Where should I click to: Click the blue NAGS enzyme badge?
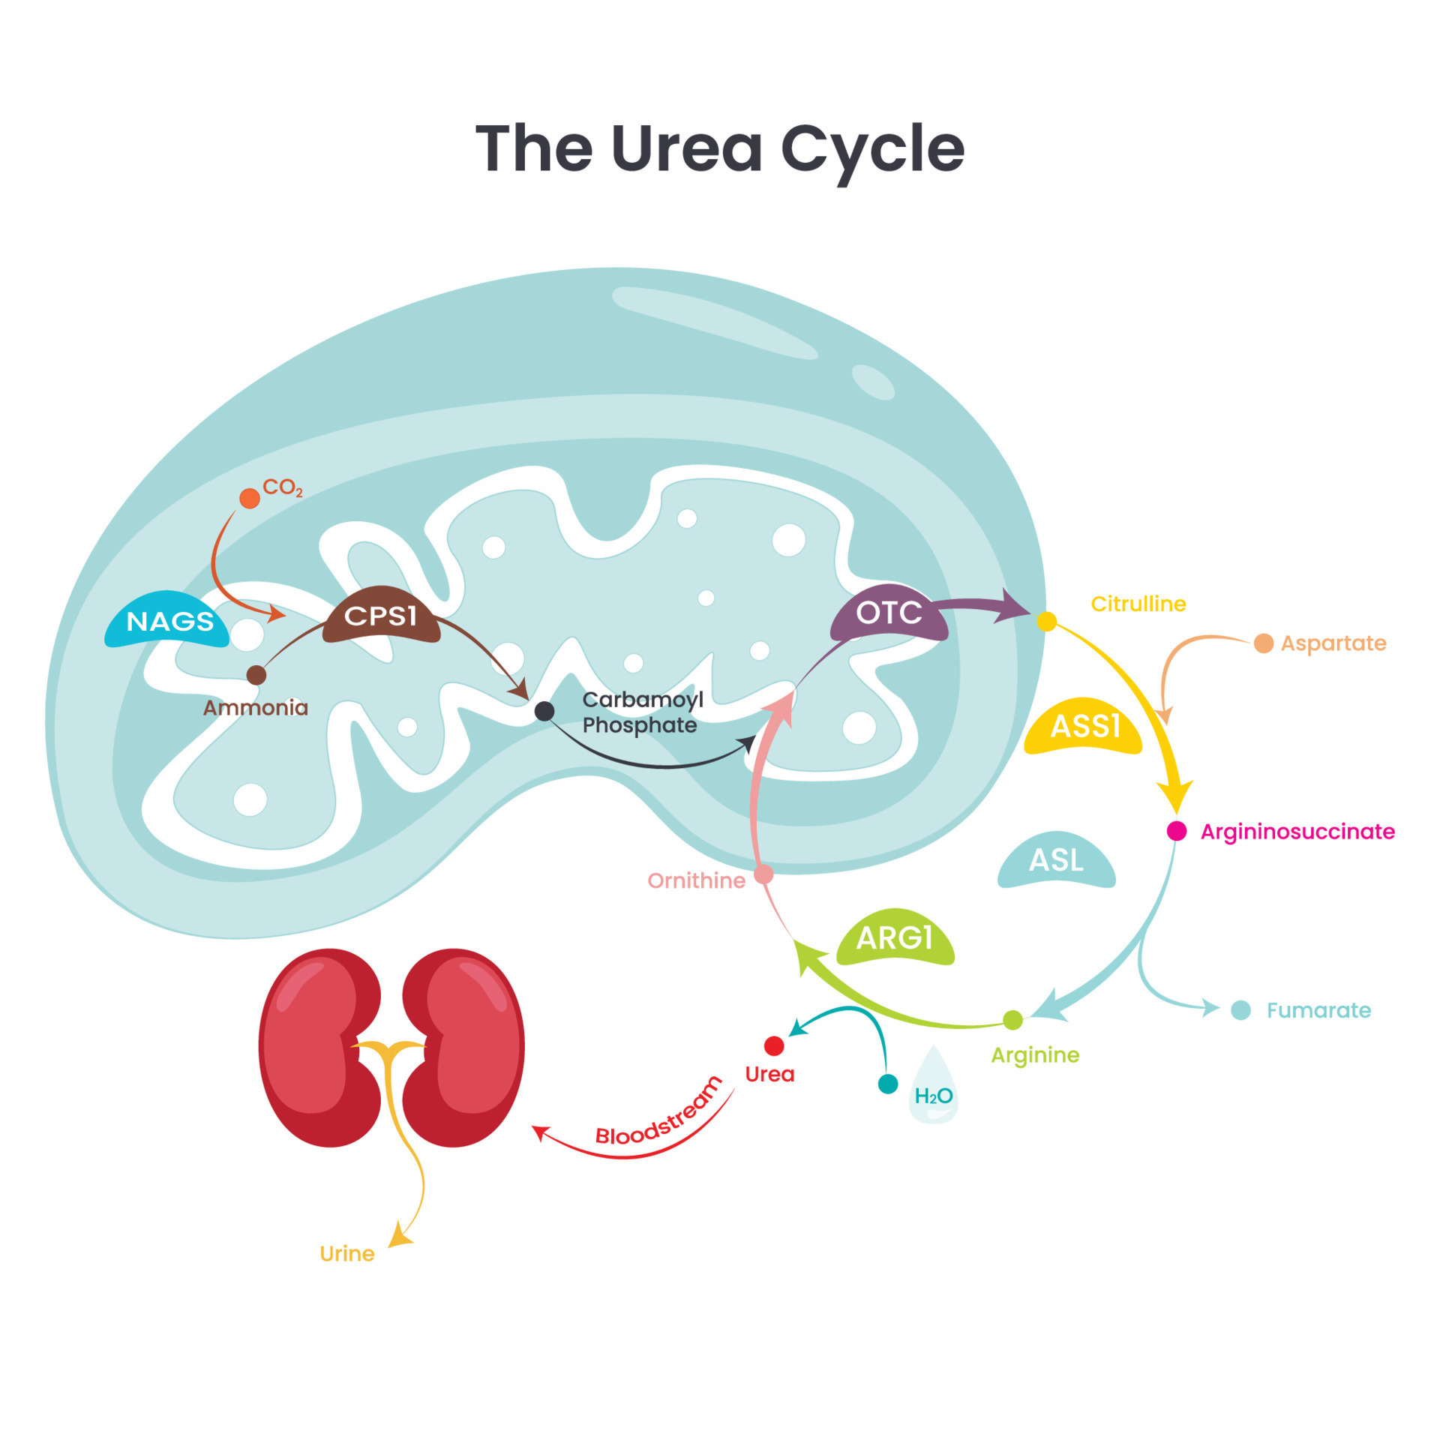click(x=168, y=621)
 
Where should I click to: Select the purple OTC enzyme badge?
click(x=889, y=613)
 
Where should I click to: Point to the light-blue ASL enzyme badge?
click(x=1056, y=860)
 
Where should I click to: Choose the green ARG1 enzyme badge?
click(x=894, y=938)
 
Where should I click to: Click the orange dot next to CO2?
click(x=250, y=498)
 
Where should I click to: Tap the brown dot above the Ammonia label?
click(x=256, y=675)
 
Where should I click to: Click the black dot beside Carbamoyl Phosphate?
click(x=544, y=711)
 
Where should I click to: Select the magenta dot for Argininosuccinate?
click(x=1177, y=831)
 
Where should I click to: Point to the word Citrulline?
click(x=1138, y=604)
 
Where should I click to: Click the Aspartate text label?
click(x=1333, y=643)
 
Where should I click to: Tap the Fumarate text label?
click(x=1318, y=1010)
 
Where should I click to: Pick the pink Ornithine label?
click(x=696, y=880)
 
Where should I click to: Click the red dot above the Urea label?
click(x=774, y=1045)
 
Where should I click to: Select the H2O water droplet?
click(x=933, y=1088)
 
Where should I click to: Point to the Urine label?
click(x=346, y=1254)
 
